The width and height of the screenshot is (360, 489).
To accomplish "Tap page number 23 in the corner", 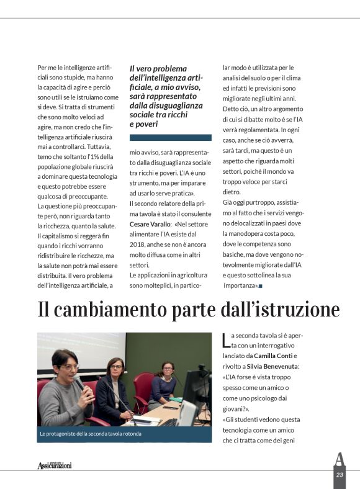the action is coord(340,475).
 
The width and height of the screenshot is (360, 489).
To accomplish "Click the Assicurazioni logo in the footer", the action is coord(54,465).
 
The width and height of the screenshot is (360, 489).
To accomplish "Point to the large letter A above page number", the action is coord(339,459).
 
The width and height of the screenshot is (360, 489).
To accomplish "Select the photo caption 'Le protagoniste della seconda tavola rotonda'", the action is coord(90,434).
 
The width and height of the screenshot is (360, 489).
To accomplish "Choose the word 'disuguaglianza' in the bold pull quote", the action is coord(158,106).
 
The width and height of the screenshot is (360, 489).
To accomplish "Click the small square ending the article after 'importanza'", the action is coord(261,286).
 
